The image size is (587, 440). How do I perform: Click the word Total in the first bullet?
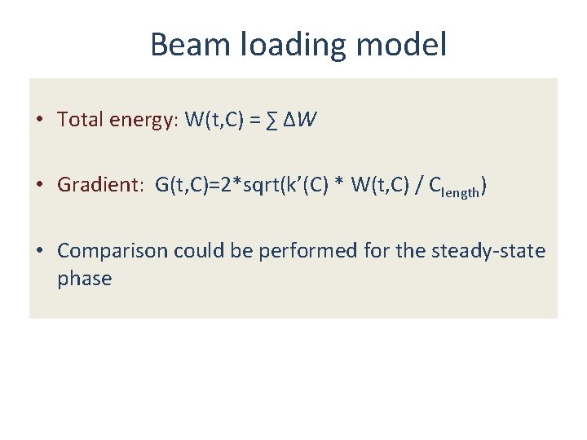(x=80, y=120)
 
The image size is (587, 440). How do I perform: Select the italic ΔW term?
(x=300, y=120)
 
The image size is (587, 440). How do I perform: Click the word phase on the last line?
(x=84, y=279)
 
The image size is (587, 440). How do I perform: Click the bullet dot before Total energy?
(x=39, y=120)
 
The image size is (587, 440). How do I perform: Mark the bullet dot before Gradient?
(x=39, y=185)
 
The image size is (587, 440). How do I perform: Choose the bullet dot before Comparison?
(x=39, y=250)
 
